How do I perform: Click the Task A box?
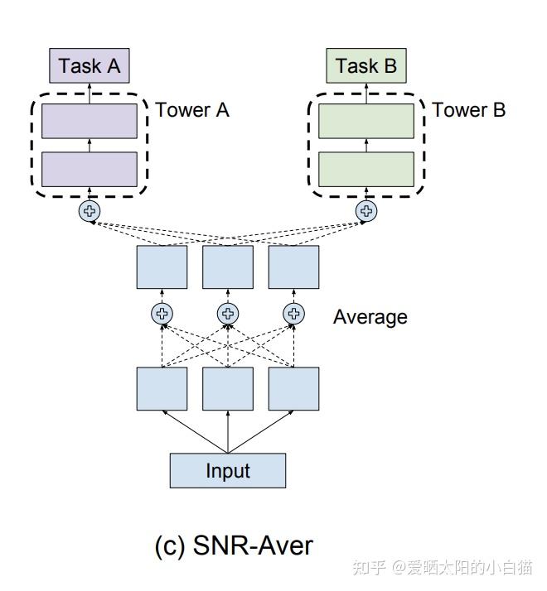click(x=90, y=66)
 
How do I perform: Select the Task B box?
click(x=366, y=66)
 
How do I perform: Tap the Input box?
click(x=228, y=470)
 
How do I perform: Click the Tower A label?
click(x=192, y=110)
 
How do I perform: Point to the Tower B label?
click(x=469, y=110)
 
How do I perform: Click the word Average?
click(x=370, y=316)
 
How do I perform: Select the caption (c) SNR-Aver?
click(x=234, y=545)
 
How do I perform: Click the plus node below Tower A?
click(x=89, y=211)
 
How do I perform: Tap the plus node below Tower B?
click(x=365, y=211)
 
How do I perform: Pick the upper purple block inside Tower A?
click(x=90, y=121)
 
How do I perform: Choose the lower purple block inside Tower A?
click(x=90, y=169)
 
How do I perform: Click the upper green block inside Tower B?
click(x=366, y=121)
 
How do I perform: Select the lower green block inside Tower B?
click(x=366, y=169)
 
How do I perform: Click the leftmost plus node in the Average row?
click(x=162, y=314)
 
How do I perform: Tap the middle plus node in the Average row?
click(x=228, y=314)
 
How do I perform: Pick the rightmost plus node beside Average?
click(x=293, y=314)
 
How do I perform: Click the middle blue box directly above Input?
click(x=228, y=388)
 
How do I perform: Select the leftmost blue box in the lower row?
click(x=162, y=388)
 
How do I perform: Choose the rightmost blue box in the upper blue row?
click(x=293, y=267)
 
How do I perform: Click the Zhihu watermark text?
click(x=443, y=568)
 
